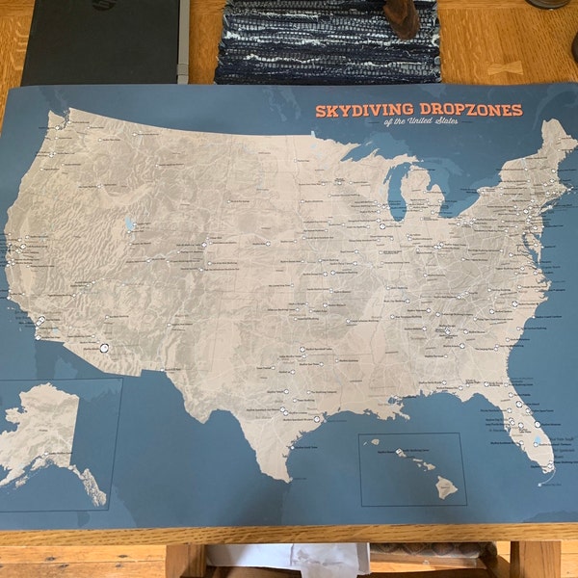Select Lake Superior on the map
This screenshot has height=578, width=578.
click(x=371, y=154)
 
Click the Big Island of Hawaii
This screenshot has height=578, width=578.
click(x=444, y=486)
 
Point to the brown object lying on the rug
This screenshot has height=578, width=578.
click(x=402, y=19)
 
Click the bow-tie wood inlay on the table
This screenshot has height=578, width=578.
click(x=505, y=68)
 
